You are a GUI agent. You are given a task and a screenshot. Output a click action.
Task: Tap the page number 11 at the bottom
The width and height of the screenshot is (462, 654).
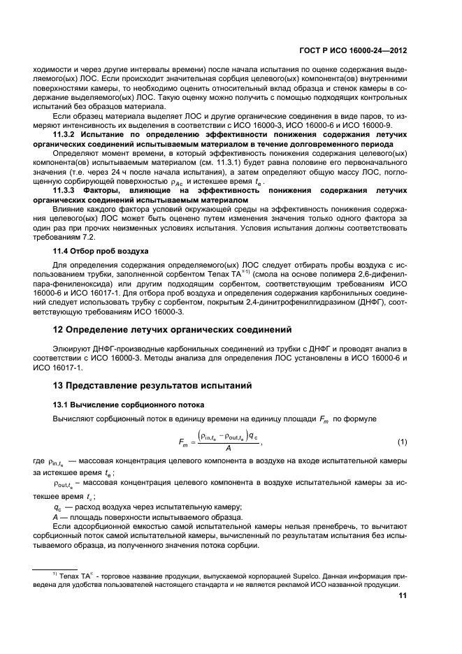402,596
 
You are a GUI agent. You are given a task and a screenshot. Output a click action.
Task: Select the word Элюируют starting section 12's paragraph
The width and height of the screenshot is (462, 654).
75,347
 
